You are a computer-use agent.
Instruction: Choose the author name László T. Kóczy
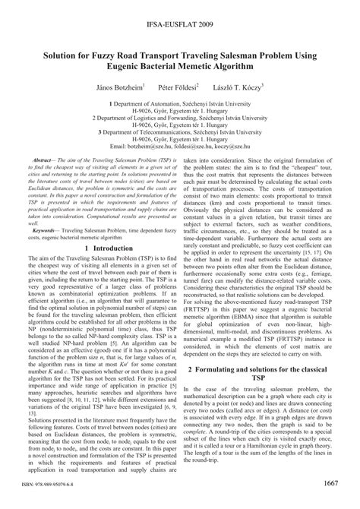[x=245, y=89]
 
